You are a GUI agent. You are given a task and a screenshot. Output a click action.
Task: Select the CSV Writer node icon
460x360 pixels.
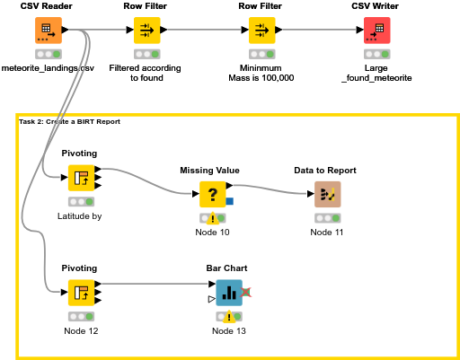pos(376,30)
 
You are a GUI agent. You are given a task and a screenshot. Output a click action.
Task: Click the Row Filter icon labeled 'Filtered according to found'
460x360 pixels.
pos(146,30)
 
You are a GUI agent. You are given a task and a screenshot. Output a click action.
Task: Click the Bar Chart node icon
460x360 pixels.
pos(229,292)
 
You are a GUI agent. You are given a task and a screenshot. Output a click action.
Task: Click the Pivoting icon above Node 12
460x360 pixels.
pos(82,292)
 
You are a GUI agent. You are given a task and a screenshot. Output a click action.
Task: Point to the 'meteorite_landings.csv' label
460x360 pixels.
pos(48,67)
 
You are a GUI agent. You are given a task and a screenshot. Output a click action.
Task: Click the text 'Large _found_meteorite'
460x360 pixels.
pos(376,73)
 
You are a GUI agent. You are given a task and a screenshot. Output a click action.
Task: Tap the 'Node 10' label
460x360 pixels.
pos(213,233)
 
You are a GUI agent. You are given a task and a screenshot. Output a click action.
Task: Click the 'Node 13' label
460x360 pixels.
pos(229,331)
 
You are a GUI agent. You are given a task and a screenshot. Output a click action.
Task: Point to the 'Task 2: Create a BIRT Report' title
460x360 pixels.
pos(69,121)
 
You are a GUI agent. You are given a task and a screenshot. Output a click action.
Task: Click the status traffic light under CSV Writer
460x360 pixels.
pos(376,53)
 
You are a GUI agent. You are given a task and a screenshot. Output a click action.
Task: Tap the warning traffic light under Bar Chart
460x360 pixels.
pos(229,316)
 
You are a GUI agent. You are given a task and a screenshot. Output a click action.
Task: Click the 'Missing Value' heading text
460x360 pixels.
pos(213,170)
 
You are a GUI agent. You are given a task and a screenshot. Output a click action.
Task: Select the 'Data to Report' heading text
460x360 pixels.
pos(325,170)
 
